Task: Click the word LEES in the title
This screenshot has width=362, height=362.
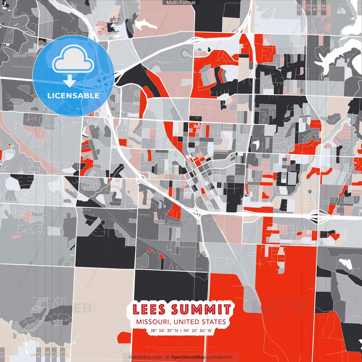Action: pyautogui.click(x=149, y=309)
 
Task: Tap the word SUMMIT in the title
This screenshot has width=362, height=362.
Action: pyautogui.click(x=201, y=309)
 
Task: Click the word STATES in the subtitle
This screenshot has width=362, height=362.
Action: pyautogui.click(x=214, y=322)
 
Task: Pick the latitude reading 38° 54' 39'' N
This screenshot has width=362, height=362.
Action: pyautogui.click(x=164, y=331)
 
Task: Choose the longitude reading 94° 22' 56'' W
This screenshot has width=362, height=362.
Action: pyautogui.click(x=197, y=331)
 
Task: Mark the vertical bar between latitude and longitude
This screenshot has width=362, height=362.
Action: pyautogui.click(x=181, y=331)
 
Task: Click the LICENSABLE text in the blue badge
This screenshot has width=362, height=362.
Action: pyautogui.click(x=74, y=96)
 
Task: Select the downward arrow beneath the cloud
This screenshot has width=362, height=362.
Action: pyautogui.click(x=70, y=81)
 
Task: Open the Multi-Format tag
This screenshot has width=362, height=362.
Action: pyautogui.click(x=181, y=3)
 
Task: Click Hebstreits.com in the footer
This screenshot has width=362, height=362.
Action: pyautogui.click(x=145, y=357)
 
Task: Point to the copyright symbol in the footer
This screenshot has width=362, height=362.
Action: pyautogui.click(x=168, y=357)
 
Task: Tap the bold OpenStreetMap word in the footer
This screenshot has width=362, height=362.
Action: pyautogui.click(x=188, y=357)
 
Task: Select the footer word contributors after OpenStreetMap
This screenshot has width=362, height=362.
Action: pyautogui.click(x=220, y=357)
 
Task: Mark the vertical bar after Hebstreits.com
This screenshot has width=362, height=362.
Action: pyautogui.click(x=164, y=357)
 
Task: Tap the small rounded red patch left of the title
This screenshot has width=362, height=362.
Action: pyautogui.click(x=124, y=337)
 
